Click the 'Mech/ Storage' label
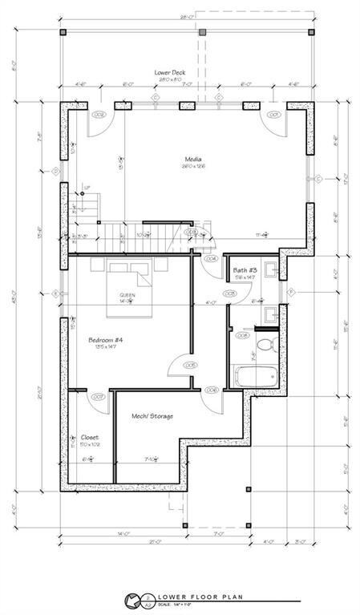152,416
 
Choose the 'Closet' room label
89,437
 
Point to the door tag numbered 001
272,115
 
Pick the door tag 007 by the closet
99,396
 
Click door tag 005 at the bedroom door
190,365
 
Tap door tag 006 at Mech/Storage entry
212,390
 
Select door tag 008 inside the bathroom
242,336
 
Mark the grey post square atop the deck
203,33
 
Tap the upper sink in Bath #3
270,270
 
